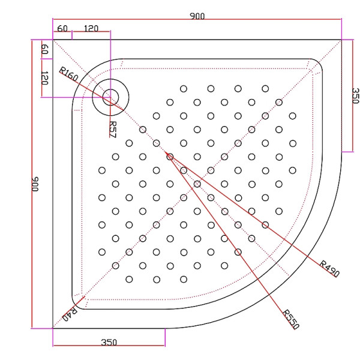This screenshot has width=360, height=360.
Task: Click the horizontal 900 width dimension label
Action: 197,16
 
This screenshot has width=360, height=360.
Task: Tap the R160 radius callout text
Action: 68,75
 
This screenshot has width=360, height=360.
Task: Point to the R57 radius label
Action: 112,128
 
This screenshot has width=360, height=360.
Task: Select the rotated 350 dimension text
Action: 354,96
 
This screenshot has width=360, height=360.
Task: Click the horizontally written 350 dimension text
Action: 109,343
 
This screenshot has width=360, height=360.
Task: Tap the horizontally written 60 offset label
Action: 62,28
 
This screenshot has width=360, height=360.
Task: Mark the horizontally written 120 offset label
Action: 91,28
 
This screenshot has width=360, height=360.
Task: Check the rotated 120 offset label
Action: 44,77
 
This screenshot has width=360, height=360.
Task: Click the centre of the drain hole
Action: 110,97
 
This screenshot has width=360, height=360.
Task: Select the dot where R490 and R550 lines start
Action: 170,157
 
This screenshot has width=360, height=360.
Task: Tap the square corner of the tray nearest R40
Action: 53,328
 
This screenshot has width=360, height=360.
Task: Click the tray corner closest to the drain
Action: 53,40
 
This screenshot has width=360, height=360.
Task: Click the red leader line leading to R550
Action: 228,240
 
